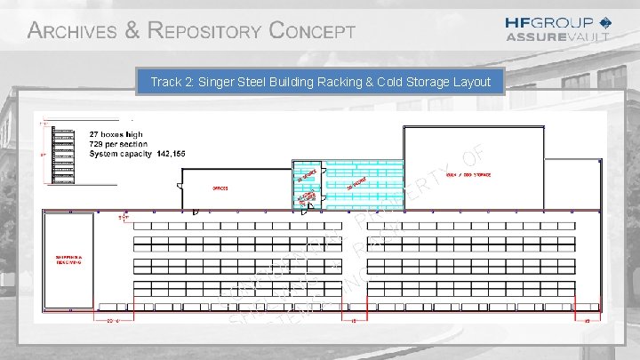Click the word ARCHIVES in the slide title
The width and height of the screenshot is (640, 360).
click(72, 31)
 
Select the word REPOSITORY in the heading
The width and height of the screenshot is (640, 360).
click(204, 31)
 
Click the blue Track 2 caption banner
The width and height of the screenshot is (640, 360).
click(320, 82)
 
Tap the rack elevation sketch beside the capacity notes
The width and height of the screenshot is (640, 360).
click(64, 156)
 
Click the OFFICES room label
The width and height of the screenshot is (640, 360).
click(220, 188)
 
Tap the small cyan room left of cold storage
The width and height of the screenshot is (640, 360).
click(306, 185)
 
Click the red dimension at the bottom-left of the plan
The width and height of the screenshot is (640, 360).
click(112, 321)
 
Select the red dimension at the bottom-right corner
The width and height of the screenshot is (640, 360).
click(587, 321)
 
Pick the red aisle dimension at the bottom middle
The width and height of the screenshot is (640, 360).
click(353, 321)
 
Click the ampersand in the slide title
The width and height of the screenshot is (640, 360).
click(132, 31)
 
